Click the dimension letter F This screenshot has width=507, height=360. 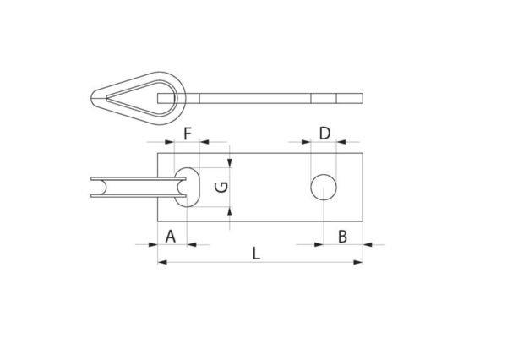tap(188, 134)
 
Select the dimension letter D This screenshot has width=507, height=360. tap(325, 134)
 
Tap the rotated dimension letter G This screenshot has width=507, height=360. tap(221, 188)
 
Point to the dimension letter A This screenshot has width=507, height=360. tap(171, 236)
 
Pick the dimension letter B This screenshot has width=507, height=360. tap(342, 237)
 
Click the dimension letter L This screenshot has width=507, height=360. tap(256, 254)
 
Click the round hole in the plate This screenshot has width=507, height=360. tap(324, 188)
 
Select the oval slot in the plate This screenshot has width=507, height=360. tap(188, 188)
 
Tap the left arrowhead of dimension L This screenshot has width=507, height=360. tap(162, 262)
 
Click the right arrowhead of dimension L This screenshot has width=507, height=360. tap(358, 262)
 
